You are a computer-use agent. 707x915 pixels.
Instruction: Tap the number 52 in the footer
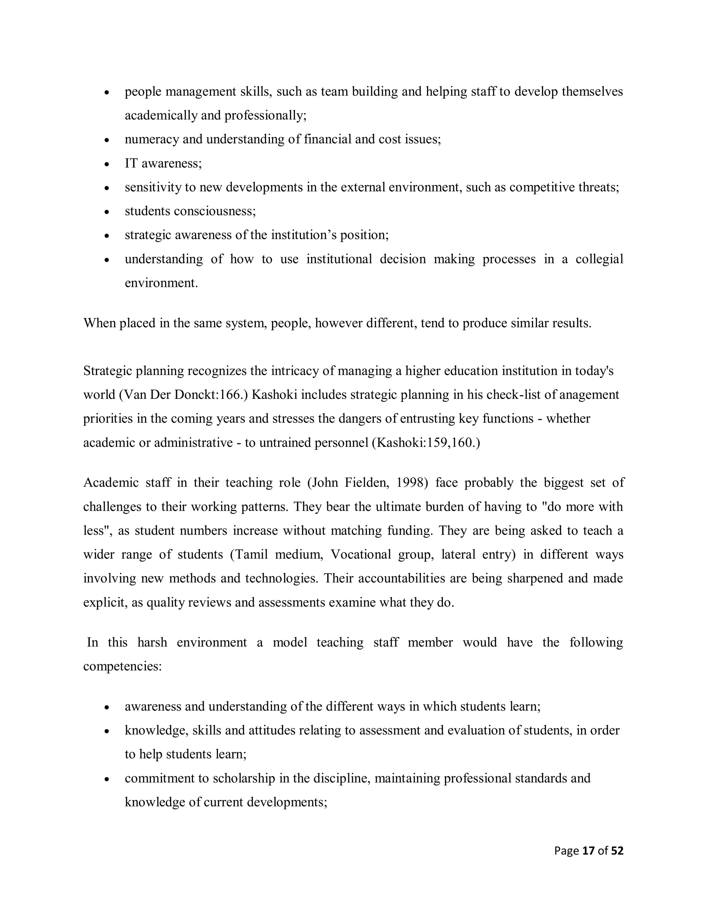coord(617,851)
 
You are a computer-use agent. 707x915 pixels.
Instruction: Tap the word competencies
coord(122,666)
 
